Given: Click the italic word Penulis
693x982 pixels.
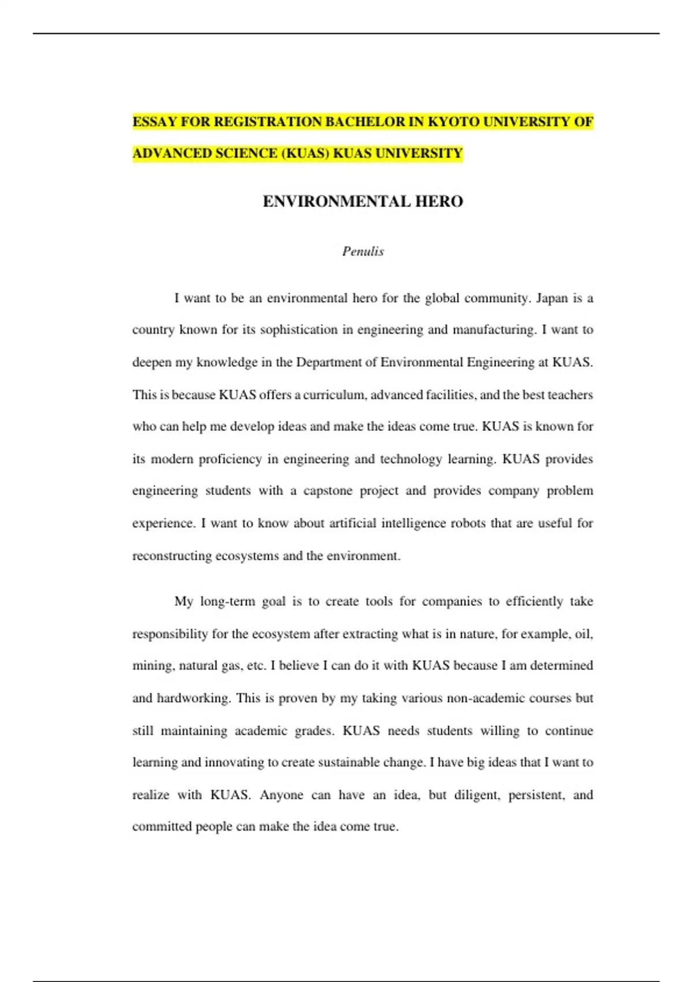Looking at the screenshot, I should [x=363, y=251].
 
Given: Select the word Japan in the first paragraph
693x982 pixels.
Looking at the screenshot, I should [x=552, y=299].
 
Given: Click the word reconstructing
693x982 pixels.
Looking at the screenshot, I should [x=172, y=556].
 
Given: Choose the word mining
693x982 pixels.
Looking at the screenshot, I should [x=152, y=666].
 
